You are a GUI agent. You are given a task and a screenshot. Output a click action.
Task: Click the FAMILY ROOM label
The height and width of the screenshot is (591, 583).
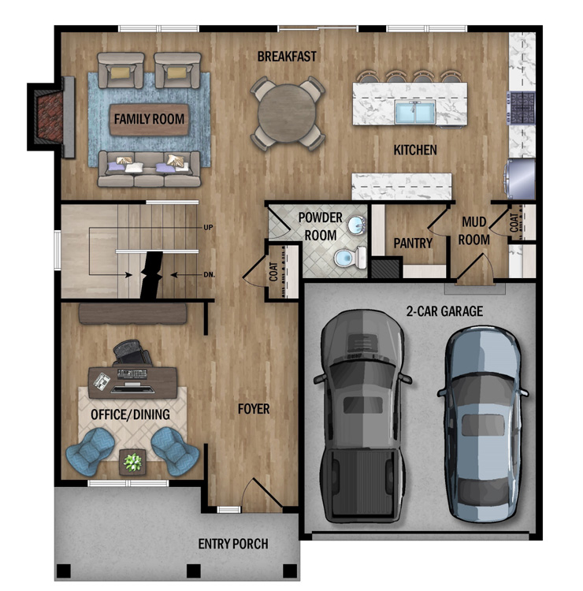(149, 119)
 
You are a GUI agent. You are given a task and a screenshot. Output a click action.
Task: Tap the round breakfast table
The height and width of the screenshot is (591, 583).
(287, 113)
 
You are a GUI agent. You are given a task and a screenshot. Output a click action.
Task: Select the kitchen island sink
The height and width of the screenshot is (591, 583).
(415, 112)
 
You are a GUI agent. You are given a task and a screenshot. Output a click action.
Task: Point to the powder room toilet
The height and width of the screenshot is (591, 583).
(351, 258)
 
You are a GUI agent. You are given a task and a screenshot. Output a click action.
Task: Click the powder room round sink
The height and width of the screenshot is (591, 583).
(357, 226)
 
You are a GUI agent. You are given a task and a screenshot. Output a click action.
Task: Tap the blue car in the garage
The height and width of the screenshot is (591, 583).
(483, 424)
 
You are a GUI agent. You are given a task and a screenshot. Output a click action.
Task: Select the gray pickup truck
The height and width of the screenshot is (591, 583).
(362, 416)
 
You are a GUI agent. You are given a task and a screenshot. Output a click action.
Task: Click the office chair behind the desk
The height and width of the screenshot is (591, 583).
(132, 352)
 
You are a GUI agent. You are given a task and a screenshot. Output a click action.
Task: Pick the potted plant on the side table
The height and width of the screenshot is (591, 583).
(132, 462)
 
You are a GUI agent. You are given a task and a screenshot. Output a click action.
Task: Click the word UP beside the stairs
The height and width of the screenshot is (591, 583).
(208, 227)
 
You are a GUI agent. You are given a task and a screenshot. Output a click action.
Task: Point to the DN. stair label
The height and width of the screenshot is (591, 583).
(209, 275)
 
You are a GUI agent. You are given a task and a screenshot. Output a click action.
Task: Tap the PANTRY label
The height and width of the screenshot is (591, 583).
(413, 243)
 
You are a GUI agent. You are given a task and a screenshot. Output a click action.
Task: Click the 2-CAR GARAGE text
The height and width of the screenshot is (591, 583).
(444, 311)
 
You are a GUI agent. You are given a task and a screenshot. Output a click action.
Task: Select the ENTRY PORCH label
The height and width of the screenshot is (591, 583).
(233, 544)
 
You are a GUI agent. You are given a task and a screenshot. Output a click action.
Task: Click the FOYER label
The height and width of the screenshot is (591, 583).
(254, 409)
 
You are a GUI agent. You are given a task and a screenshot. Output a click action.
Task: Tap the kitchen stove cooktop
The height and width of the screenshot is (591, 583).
(522, 108)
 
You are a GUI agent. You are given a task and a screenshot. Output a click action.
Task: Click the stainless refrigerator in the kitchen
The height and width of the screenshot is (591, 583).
(520, 179)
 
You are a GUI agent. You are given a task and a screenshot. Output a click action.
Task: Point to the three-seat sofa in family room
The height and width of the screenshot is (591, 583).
(149, 169)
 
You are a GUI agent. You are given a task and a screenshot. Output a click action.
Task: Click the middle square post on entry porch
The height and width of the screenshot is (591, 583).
(194, 571)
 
